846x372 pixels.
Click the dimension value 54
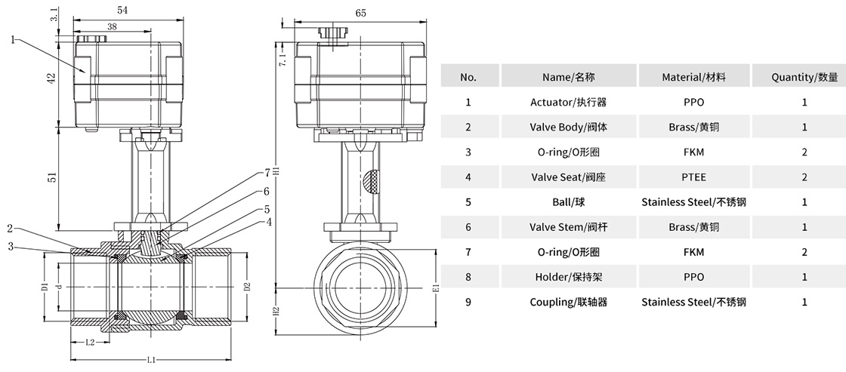122,10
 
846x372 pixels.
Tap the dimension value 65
360,13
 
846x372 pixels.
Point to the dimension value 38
111,26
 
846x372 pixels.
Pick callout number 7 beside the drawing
267,172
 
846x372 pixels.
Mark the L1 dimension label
151,360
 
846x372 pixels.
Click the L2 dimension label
90,343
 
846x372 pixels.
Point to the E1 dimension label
435,287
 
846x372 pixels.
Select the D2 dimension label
246,287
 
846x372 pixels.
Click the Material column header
693,77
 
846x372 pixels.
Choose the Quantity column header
804,77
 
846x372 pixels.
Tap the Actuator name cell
569,102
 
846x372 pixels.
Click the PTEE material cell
693,177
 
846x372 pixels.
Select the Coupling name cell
569,302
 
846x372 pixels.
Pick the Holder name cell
569,277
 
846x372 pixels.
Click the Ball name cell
569,202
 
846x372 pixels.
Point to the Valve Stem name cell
569,227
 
